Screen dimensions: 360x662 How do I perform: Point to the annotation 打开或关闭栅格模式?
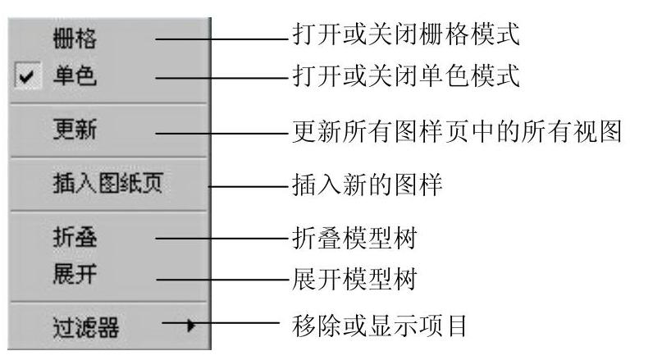(x=406, y=35)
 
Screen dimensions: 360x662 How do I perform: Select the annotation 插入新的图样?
(x=367, y=185)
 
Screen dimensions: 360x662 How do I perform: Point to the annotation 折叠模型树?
(x=355, y=239)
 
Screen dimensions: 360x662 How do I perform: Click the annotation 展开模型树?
(x=355, y=279)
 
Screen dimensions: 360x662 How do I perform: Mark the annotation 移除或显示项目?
(x=379, y=328)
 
